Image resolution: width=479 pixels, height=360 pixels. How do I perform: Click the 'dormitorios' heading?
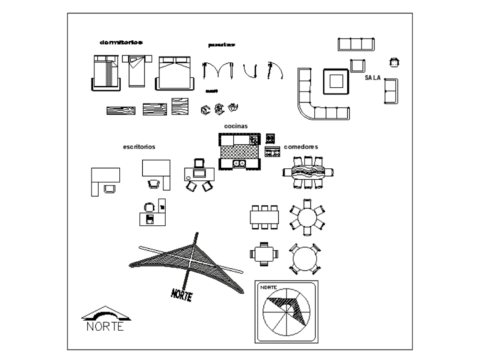coord(121,43)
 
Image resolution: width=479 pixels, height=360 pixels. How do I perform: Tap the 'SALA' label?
coord(373,78)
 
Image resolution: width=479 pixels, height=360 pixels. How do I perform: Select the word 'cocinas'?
coord(236,126)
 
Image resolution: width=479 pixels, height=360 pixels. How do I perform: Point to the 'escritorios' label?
coord(139,147)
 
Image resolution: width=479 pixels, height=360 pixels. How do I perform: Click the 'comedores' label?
coord(301,147)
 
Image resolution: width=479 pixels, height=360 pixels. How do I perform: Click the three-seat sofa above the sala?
coord(356,44)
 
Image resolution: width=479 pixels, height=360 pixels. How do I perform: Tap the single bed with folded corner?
coord(137,70)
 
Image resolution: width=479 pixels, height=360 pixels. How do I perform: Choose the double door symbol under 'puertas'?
coord(218,71)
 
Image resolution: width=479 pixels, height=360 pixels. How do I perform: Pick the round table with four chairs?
coord(304,259)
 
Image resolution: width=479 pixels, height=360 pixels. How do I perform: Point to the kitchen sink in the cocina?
coord(239,164)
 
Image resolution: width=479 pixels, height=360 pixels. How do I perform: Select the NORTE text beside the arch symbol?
coord(105,326)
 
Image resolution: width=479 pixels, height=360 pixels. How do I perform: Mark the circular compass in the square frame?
coord(286,312)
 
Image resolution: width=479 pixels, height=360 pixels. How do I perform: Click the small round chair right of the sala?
coord(394,62)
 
